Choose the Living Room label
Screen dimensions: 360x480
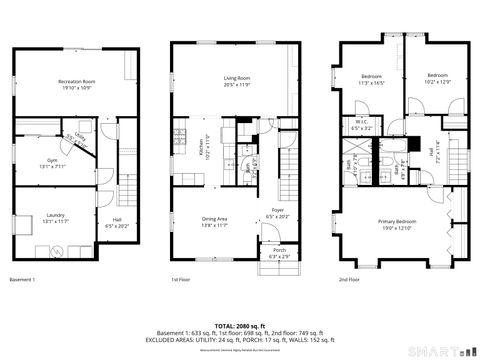tap(236, 79)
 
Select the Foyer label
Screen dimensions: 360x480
tap(278, 212)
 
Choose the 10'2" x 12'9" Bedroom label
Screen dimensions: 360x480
tap(437, 77)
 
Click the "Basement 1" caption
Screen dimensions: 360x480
tap(22, 279)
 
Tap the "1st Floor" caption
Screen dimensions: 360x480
tap(180, 279)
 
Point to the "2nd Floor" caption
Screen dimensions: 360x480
tap(349, 279)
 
